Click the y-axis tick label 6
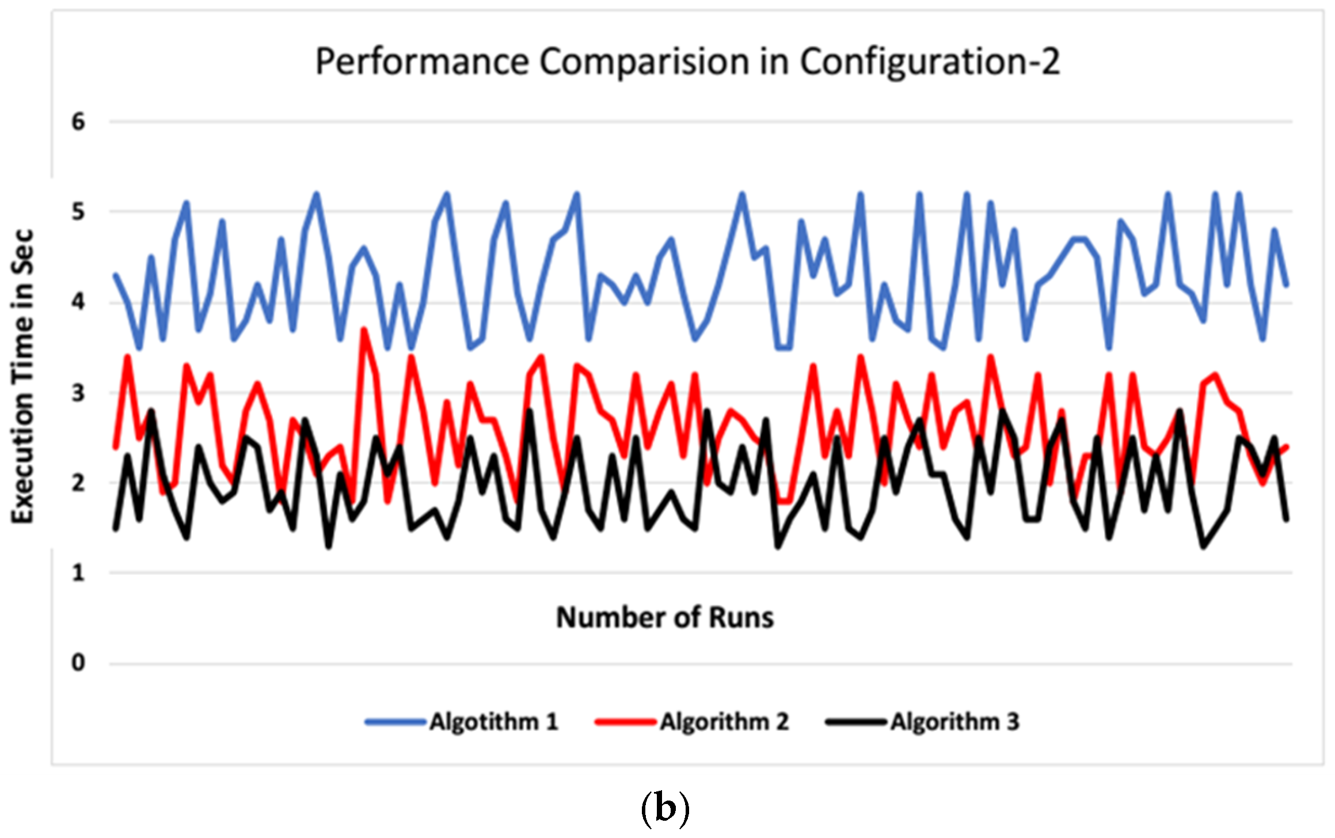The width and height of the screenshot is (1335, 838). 78,122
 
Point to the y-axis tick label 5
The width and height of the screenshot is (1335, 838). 78,212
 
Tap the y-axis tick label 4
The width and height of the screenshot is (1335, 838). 78,302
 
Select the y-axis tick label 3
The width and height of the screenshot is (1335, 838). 78,393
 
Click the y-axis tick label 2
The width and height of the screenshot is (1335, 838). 78,483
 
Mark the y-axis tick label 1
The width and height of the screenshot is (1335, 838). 78,573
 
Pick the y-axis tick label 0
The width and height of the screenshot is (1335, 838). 78,663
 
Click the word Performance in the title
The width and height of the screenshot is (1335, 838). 422,62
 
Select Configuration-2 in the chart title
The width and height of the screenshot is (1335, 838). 929,62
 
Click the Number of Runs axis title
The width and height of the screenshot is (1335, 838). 665,617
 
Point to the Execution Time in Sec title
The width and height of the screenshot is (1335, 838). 23,377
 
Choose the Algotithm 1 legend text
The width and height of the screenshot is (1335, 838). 494,722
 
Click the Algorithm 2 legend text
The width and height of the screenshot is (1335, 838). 724,722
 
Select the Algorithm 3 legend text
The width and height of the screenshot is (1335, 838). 954,722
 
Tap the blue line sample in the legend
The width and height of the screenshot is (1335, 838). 395,722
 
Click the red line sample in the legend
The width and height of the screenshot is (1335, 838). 626,722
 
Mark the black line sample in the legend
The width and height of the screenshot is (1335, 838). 856,722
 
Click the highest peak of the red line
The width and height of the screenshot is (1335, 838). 364,329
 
